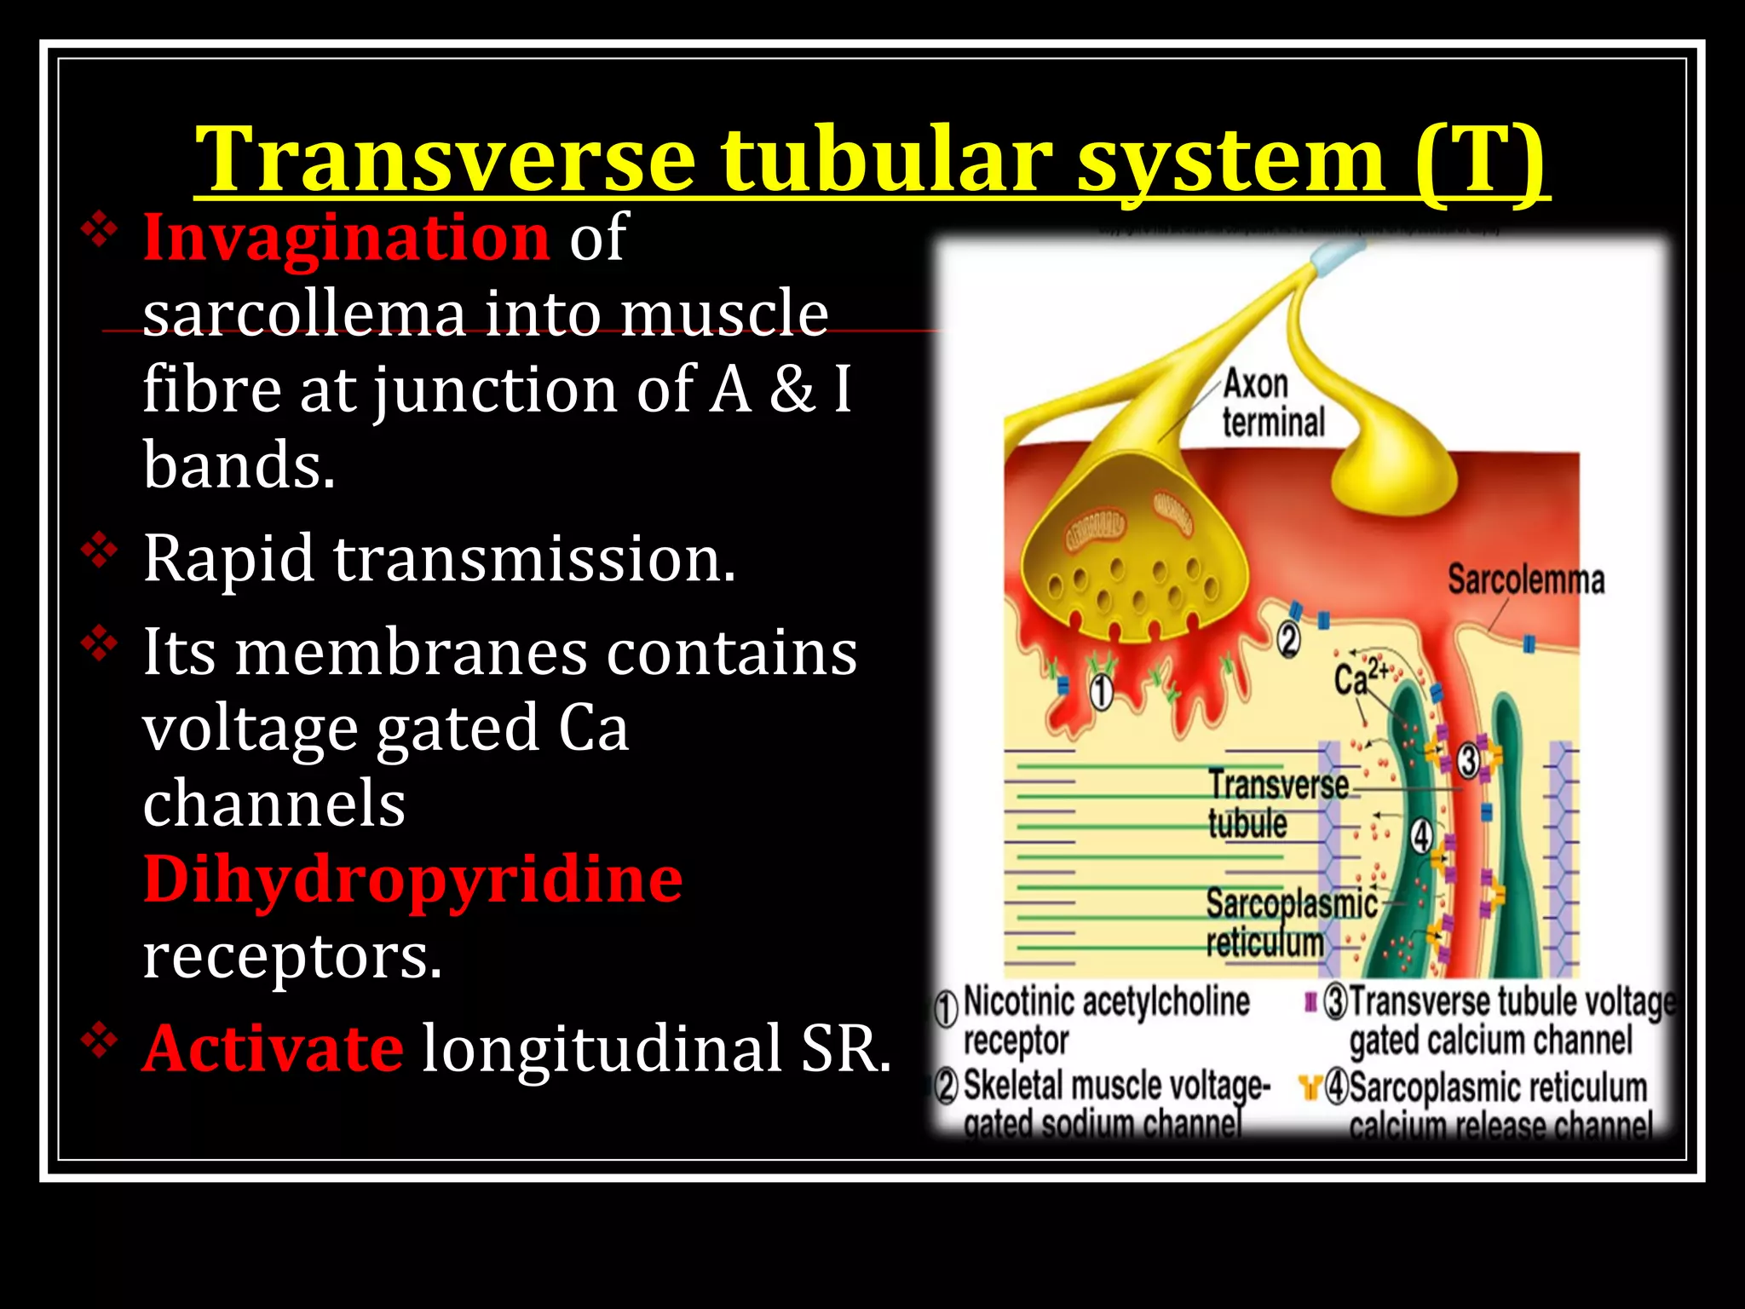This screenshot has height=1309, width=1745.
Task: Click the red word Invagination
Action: (346, 237)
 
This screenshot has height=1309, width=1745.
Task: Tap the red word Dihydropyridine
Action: (412, 879)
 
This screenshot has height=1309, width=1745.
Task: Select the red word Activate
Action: (273, 1048)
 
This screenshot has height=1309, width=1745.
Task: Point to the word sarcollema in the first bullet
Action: (304, 313)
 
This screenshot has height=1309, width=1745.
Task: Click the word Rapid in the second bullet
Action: (228, 559)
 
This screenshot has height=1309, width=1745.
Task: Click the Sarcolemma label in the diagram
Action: (1525, 580)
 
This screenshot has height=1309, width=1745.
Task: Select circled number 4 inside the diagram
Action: (1421, 836)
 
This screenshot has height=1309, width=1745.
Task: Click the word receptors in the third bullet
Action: (292, 956)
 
